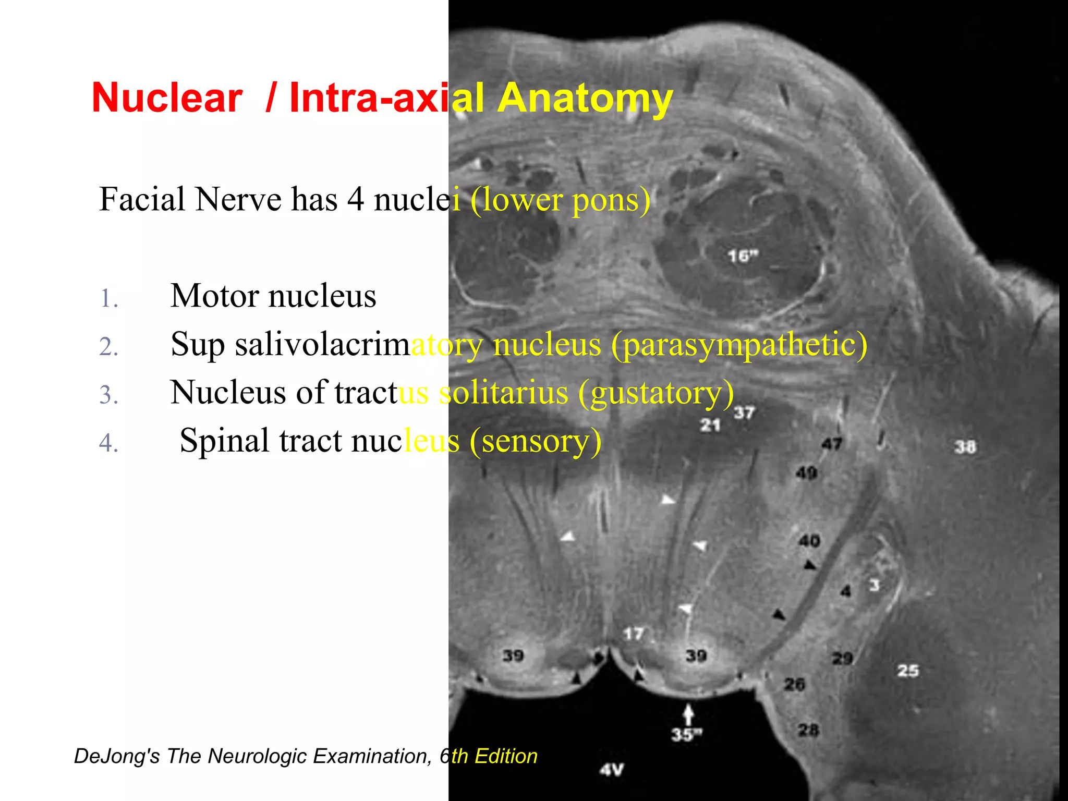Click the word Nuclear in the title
[x=167, y=98]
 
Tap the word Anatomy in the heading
[x=585, y=99]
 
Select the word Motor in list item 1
[x=214, y=296]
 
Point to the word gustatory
[x=656, y=393]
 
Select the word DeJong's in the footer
[x=117, y=756]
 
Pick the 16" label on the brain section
[x=743, y=256]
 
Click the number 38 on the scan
[x=965, y=447]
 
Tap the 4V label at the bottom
[x=611, y=770]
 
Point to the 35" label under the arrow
[x=687, y=735]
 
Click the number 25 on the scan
[x=908, y=671]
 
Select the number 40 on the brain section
[x=809, y=541]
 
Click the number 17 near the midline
[x=634, y=634]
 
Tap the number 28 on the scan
[x=808, y=730]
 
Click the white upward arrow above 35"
[x=688, y=713]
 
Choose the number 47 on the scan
[x=832, y=444]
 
